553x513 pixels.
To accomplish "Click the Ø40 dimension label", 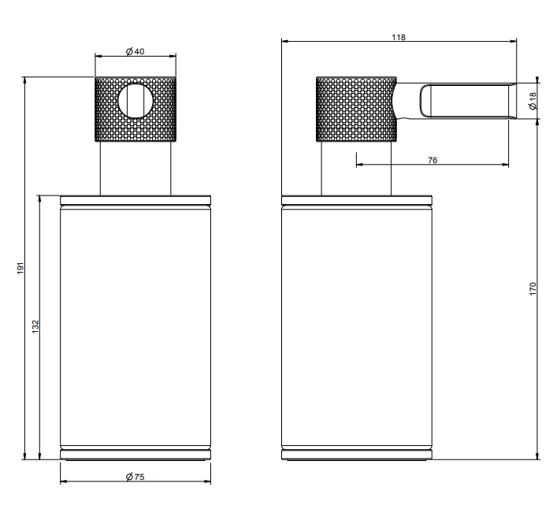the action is click(135, 51).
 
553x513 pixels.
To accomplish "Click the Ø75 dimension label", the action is click(135, 477).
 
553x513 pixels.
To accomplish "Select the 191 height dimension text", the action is click(20, 268).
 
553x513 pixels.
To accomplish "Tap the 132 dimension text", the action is click(35, 326).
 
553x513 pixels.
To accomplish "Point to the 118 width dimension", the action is click(399, 37).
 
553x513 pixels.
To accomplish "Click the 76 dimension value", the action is click(432, 160).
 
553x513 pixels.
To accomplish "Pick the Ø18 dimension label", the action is click(533, 101).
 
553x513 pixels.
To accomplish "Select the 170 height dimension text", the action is click(533, 289).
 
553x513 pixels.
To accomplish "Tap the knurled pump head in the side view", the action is click(356, 110).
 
